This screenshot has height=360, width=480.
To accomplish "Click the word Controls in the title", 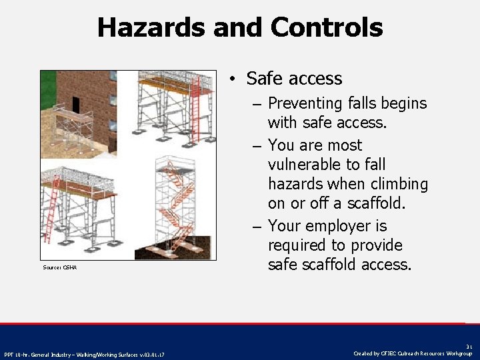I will [x=327, y=27].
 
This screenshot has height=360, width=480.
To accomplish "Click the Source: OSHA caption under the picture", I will [x=59, y=267].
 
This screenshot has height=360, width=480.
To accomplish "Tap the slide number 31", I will [x=469, y=347].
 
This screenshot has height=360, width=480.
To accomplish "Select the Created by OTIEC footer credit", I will [x=413, y=353].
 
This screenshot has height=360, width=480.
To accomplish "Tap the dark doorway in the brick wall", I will [x=75, y=104].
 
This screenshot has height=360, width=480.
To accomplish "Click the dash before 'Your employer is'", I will [x=257, y=227].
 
